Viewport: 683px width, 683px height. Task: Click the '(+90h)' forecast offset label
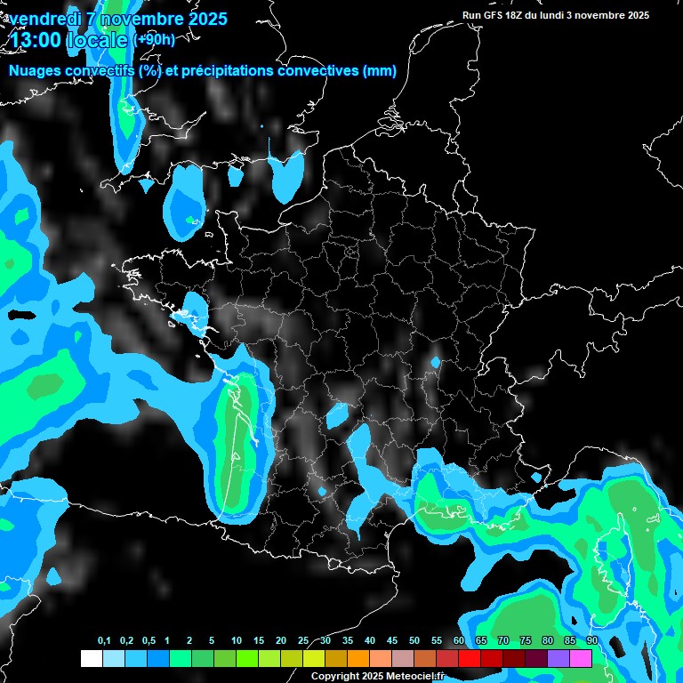coord(154,39)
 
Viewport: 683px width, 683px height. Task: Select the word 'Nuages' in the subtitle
coord(34,71)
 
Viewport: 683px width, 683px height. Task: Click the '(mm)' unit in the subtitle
coord(380,71)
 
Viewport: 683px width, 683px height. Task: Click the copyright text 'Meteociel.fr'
coord(413,676)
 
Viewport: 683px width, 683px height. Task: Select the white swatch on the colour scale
coord(91,658)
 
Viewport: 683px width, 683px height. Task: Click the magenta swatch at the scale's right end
coord(581,658)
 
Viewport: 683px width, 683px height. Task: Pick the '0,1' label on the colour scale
coord(104,641)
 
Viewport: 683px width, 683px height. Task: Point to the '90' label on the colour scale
coord(591,641)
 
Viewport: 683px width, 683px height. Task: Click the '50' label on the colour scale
coord(414,641)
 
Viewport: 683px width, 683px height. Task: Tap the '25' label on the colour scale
coord(303,641)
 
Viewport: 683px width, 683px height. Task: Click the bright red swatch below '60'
coord(470,658)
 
